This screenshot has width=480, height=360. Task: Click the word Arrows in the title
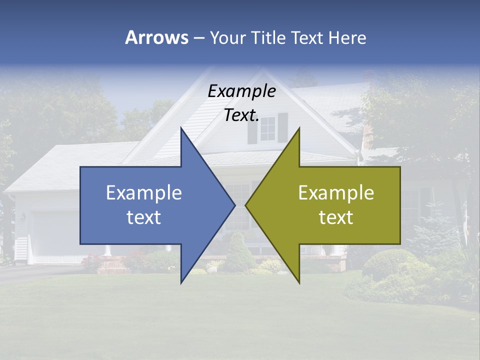point(156,37)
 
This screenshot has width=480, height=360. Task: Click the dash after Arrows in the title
point(198,38)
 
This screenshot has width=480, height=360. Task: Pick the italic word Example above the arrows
point(241,91)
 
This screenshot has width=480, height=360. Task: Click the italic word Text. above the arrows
point(241,115)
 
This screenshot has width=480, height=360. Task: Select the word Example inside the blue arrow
point(144,193)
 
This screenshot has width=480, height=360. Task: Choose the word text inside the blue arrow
point(144,217)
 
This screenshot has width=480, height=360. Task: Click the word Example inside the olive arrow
point(336,193)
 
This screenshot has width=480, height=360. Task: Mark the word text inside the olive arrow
point(336,217)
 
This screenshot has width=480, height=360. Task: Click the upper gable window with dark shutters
point(268,128)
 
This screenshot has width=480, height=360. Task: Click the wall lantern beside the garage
point(23,217)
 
